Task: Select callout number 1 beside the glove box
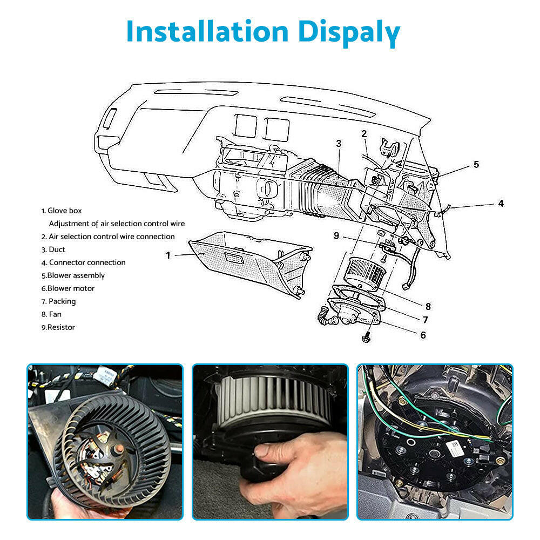pyautogui.click(x=168, y=255)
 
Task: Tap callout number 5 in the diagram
pyautogui.click(x=476, y=164)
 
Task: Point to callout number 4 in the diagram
pyautogui.click(x=501, y=204)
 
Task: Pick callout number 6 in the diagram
pyautogui.click(x=423, y=335)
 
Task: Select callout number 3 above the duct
pyautogui.click(x=339, y=144)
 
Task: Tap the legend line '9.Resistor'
pyautogui.click(x=58, y=327)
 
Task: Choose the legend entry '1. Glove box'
pyautogui.click(x=62, y=211)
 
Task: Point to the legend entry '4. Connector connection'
pyautogui.click(x=83, y=262)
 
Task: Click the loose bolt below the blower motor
pyautogui.click(x=366, y=337)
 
